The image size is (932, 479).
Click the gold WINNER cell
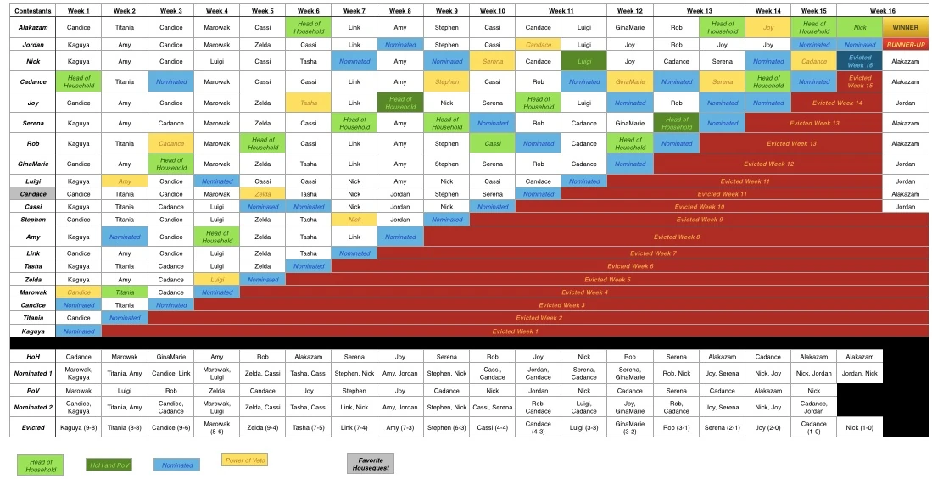tap(905, 27)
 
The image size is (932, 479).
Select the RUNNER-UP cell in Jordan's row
tap(905, 44)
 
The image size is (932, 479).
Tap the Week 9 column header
tap(447, 10)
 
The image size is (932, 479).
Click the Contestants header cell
tap(33, 10)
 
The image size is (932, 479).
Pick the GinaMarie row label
tap(33, 164)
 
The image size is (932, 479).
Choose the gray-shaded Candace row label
tap(33, 193)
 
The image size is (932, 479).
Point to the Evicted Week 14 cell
tap(836, 103)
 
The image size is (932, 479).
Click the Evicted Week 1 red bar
tap(515, 331)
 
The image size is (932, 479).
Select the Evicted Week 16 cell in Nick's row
tap(859, 61)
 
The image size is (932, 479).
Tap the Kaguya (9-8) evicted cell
tap(79, 427)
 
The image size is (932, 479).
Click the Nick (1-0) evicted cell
tap(859, 427)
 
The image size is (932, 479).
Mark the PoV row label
tap(33, 391)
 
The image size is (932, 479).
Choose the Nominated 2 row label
tap(33, 407)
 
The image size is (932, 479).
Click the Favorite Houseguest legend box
tap(370, 463)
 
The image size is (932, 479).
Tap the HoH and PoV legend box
tap(109, 464)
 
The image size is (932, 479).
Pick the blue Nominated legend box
tap(176, 464)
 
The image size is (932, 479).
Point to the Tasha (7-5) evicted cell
tap(309, 427)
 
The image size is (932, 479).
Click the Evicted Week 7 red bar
tap(653, 253)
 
